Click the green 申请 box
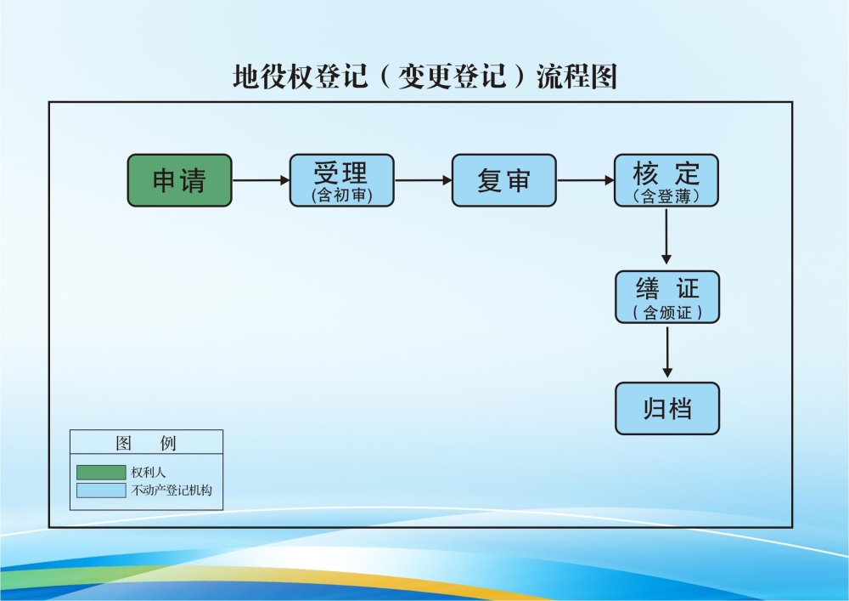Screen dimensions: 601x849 pos(179,180)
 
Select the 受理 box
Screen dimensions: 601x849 pos(341,180)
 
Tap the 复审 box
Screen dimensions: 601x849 pos(503,180)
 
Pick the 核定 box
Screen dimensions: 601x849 pos(666,180)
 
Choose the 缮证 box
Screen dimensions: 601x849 pos(667,297)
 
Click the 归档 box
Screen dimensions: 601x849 pos(667,409)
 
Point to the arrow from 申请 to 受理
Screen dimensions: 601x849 pos(261,180)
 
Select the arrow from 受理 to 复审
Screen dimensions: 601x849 pos(423,180)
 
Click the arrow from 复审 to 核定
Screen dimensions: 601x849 pos(585,180)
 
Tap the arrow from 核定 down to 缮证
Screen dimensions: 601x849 pos(666,237)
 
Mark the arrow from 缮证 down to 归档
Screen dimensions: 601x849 pos(667,352)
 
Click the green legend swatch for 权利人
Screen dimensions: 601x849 pos(100,472)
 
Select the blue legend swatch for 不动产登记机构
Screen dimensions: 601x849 pos(100,490)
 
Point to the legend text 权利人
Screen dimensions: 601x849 pos(149,472)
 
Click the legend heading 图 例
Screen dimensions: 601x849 pos(146,443)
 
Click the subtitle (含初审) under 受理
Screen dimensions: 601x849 pos(341,196)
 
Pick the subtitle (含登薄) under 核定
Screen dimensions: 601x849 pos(666,196)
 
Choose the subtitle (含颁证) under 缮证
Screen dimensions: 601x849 pos(667,312)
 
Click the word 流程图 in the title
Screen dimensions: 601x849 pos(577,77)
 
